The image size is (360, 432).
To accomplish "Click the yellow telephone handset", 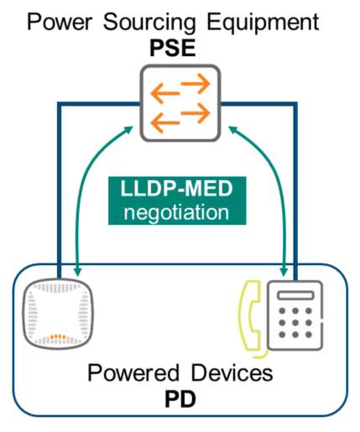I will click(x=249, y=311).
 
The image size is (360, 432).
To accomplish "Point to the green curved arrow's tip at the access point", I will click(x=77, y=272).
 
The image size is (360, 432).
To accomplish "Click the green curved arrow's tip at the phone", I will click(x=285, y=272).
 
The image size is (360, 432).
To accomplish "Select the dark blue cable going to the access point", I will click(x=60, y=185).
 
